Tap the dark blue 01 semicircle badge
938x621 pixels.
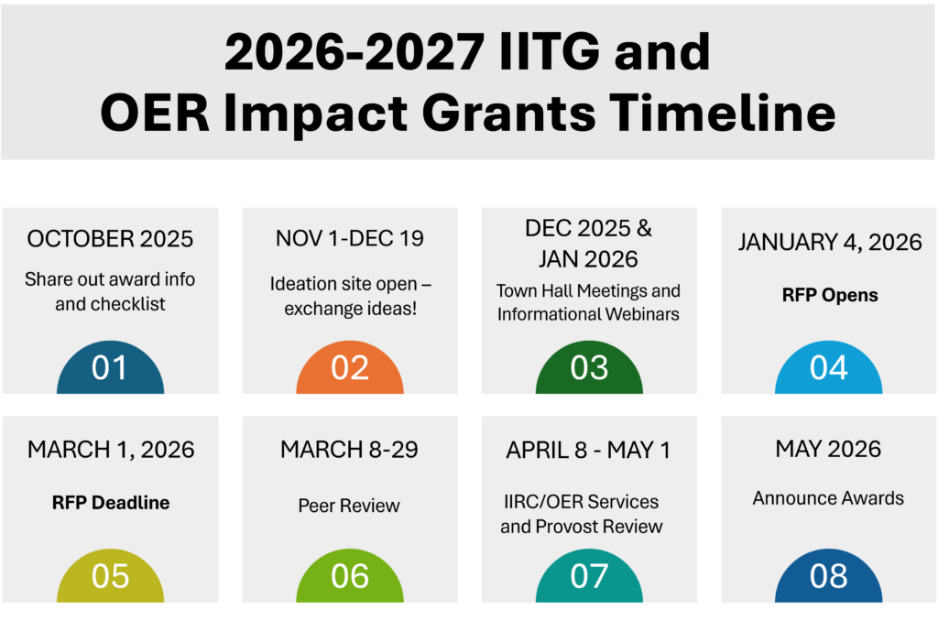point(110,368)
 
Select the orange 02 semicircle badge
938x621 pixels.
point(350,368)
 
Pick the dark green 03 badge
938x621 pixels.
point(589,368)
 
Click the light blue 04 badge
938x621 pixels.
point(828,368)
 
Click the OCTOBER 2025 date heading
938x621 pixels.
point(110,239)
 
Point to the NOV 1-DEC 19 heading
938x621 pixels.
point(349,238)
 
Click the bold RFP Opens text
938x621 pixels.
point(830,295)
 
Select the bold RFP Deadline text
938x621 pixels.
point(111,503)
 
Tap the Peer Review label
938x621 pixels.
point(349,506)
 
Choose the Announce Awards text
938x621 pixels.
point(828,497)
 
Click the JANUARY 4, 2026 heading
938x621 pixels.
point(830,243)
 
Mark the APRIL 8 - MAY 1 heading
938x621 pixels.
point(588,450)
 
